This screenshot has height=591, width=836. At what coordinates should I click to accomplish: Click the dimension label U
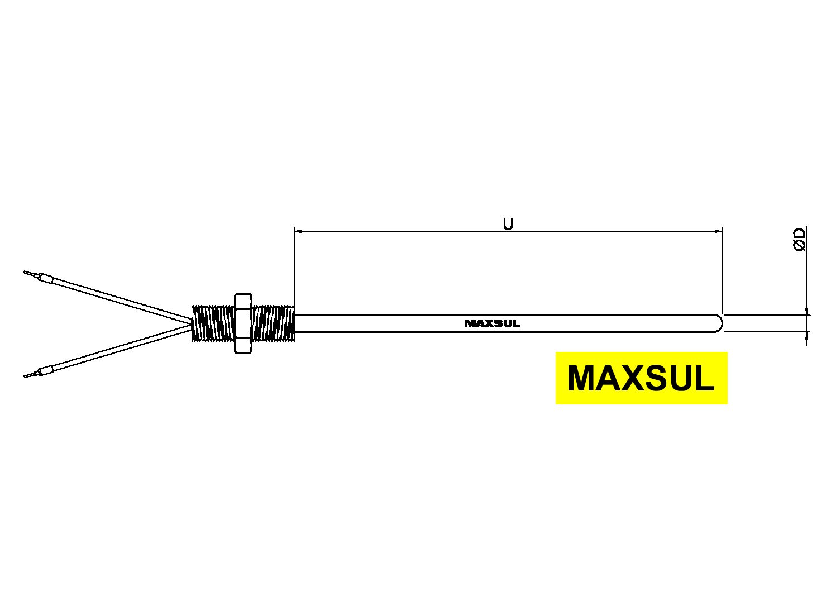pyautogui.click(x=508, y=224)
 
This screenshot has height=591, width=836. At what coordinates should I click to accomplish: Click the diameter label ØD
pyautogui.click(x=800, y=239)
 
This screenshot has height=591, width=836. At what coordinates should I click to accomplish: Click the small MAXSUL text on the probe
pyautogui.click(x=492, y=323)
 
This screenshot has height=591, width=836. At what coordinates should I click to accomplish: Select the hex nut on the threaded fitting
pyautogui.click(x=243, y=323)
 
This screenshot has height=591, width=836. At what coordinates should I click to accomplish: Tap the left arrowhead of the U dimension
pyautogui.click(x=298, y=231)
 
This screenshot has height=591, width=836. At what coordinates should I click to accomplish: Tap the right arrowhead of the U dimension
pyautogui.click(x=719, y=231)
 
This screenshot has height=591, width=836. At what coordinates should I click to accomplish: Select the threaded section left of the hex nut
pyautogui.click(x=213, y=323)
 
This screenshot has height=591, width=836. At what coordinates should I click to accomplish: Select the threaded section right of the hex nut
pyautogui.click(x=273, y=323)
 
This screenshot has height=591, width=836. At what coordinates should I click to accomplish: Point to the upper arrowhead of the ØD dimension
pyautogui.click(x=807, y=311)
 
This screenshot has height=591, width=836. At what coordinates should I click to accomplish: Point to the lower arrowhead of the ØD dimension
pyautogui.click(x=807, y=335)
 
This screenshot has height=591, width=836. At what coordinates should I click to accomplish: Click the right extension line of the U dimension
pyautogui.click(x=723, y=270)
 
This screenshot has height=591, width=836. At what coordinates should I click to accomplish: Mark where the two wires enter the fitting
pyautogui.click(x=192, y=323)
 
